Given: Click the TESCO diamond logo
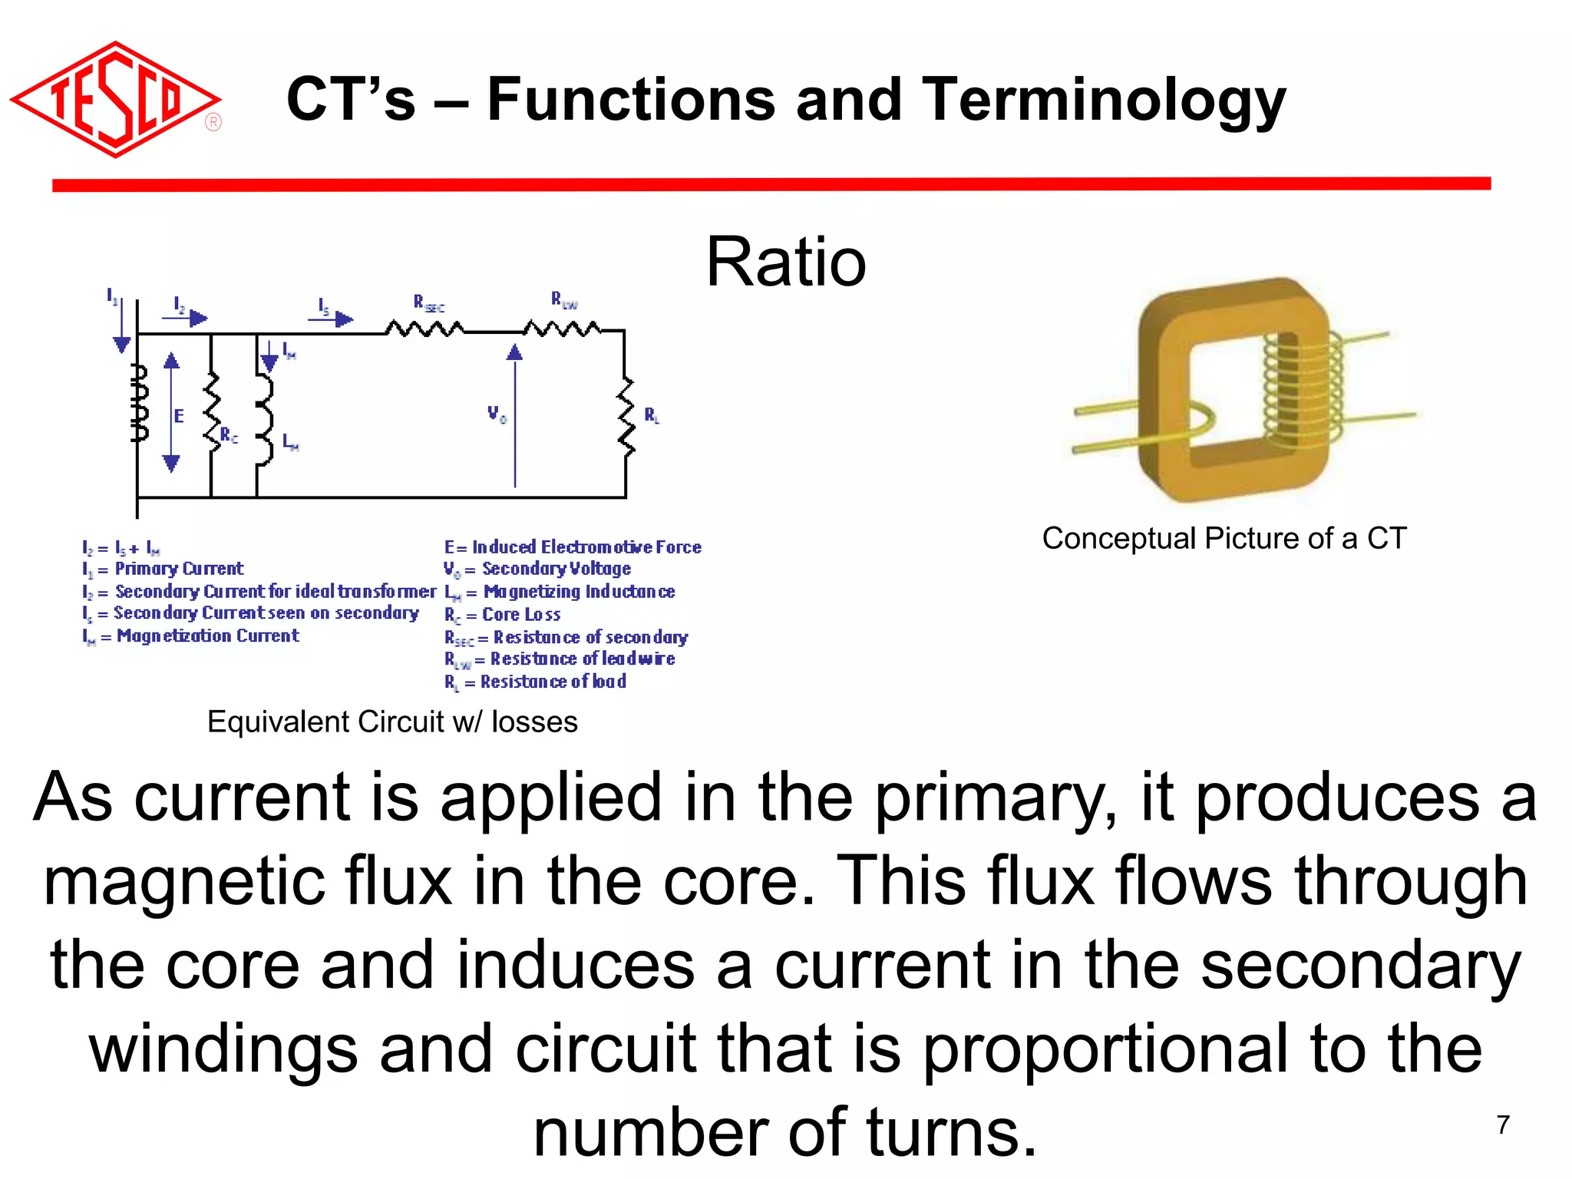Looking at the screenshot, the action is click(x=115, y=100).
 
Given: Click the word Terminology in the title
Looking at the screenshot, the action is click(x=1105, y=100).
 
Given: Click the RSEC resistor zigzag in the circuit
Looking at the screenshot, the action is click(x=424, y=330).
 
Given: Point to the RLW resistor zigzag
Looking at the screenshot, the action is click(x=563, y=330).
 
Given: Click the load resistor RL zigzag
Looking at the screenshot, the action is click(x=627, y=417).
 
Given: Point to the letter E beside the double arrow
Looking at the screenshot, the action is click(x=179, y=416).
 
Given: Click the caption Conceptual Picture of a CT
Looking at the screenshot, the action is click(x=1224, y=539).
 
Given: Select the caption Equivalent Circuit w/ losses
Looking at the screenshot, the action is click(x=392, y=722).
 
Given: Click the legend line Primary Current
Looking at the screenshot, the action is click(x=163, y=569).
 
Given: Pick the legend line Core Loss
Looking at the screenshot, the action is click(x=503, y=615).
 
